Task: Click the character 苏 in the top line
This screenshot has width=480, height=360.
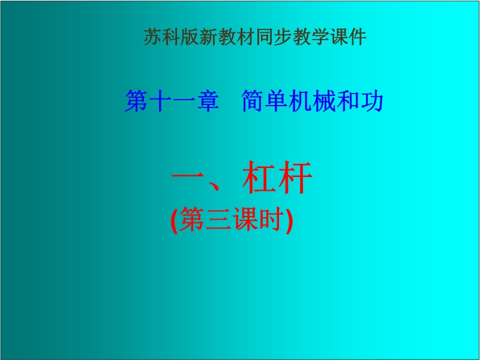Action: pyautogui.click(x=153, y=37)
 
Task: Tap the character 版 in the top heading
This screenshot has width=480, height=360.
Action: pyautogui.click(x=190, y=37)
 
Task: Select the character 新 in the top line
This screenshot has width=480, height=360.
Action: pyautogui.click(x=208, y=37)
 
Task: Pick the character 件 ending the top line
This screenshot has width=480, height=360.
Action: pyautogui.click(x=358, y=37)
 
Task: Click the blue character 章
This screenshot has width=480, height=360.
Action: pyautogui.click(x=208, y=101)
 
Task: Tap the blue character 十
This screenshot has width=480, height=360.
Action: pyautogui.click(x=160, y=101)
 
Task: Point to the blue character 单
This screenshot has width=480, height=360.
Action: pyautogui.click(x=277, y=101)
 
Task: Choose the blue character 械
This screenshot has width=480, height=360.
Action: pyautogui.click(x=324, y=101)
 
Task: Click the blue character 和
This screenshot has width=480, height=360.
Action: pyautogui.click(x=348, y=101)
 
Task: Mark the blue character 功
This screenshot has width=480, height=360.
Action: pyautogui.click(x=371, y=101)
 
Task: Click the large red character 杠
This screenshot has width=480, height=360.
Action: pyautogui.click(x=259, y=178)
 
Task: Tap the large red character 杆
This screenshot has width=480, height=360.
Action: pyautogui.click(x=295, y=178)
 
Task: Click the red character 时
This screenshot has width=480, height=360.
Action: pyautogui.click(x=271, y=219)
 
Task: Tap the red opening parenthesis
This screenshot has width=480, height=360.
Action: pyautogui.click(x=174, y=220)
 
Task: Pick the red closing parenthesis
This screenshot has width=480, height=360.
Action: pyautogui.click(x=289, y=220)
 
